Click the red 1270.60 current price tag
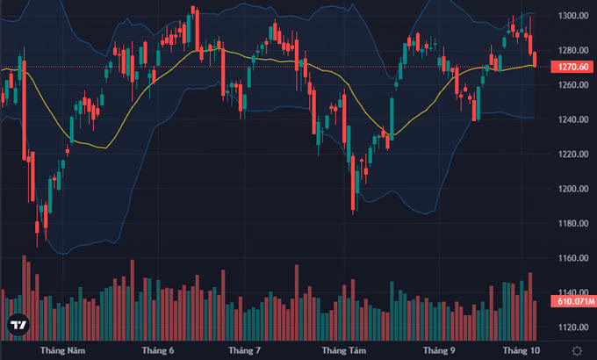[573, 67]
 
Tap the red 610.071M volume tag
[574, 301]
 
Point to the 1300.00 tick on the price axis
[573, 16]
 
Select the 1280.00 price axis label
[573, 50]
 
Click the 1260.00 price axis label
[573, 85]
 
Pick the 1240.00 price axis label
[573, 119]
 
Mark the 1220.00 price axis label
[573, 155]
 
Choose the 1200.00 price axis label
[573, 189]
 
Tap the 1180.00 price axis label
[573, 224]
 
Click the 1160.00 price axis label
[573, 258]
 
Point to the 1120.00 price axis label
[573, 328]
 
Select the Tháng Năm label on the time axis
[63, 350]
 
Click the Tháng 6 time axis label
[158, 350]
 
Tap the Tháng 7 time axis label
[244, 350]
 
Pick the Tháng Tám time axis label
[344, 350]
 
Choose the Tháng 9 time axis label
[439, 350]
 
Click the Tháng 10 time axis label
[521, 350]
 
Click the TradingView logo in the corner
[18, 325]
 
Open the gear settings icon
[577, 351]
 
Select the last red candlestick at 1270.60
[535, 60]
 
